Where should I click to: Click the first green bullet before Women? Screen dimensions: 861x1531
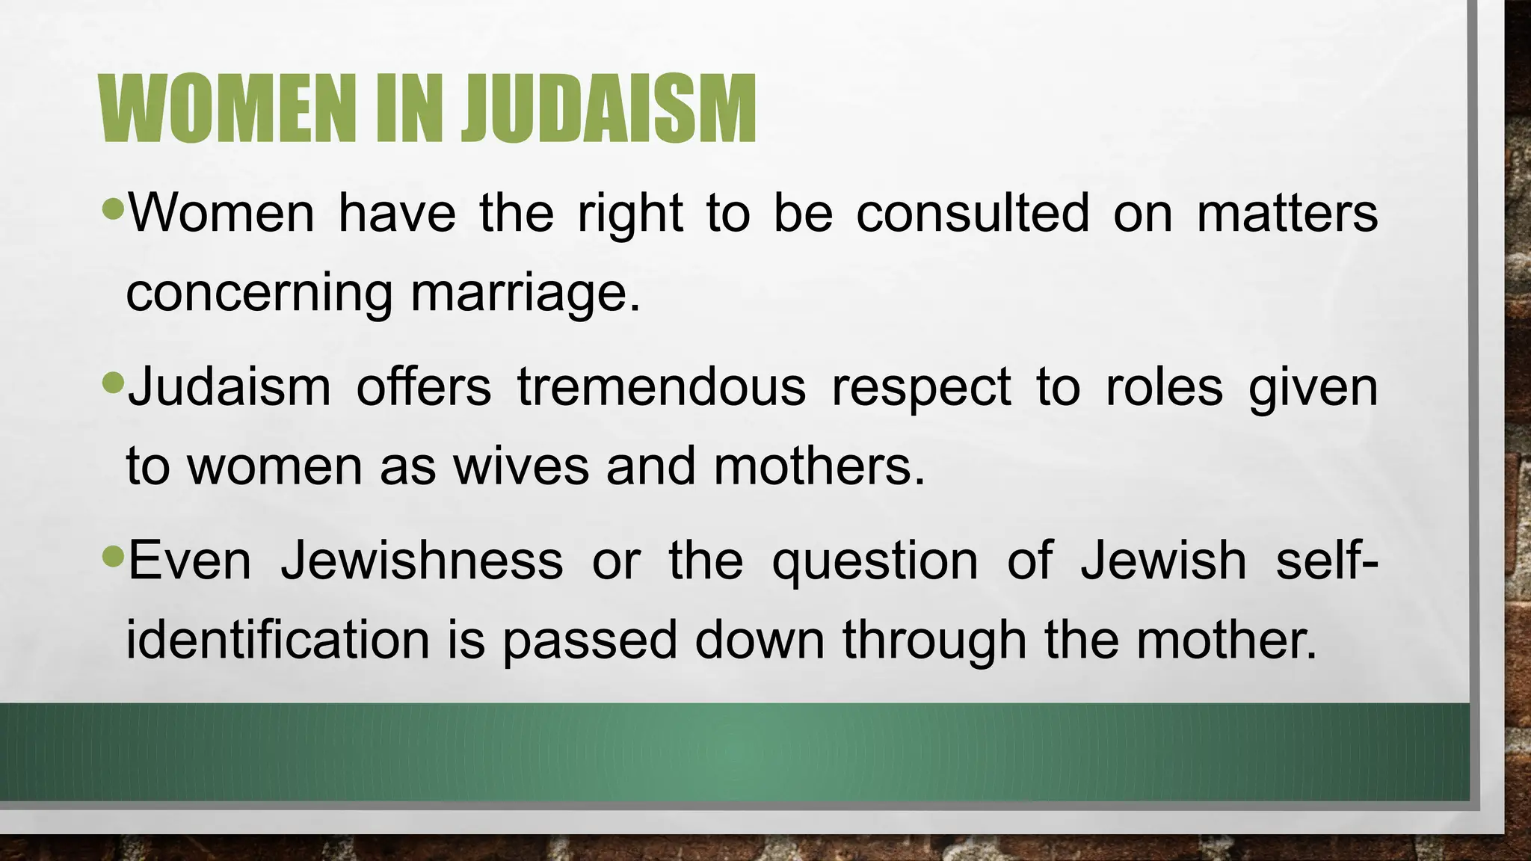point(113,209)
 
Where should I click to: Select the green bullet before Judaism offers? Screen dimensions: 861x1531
point(113,383)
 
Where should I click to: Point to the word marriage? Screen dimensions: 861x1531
point(526,293)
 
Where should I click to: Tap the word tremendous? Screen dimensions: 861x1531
point(662,387)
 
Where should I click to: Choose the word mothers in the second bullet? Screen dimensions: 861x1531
point(819,466)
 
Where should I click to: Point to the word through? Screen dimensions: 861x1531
point(934,641)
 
